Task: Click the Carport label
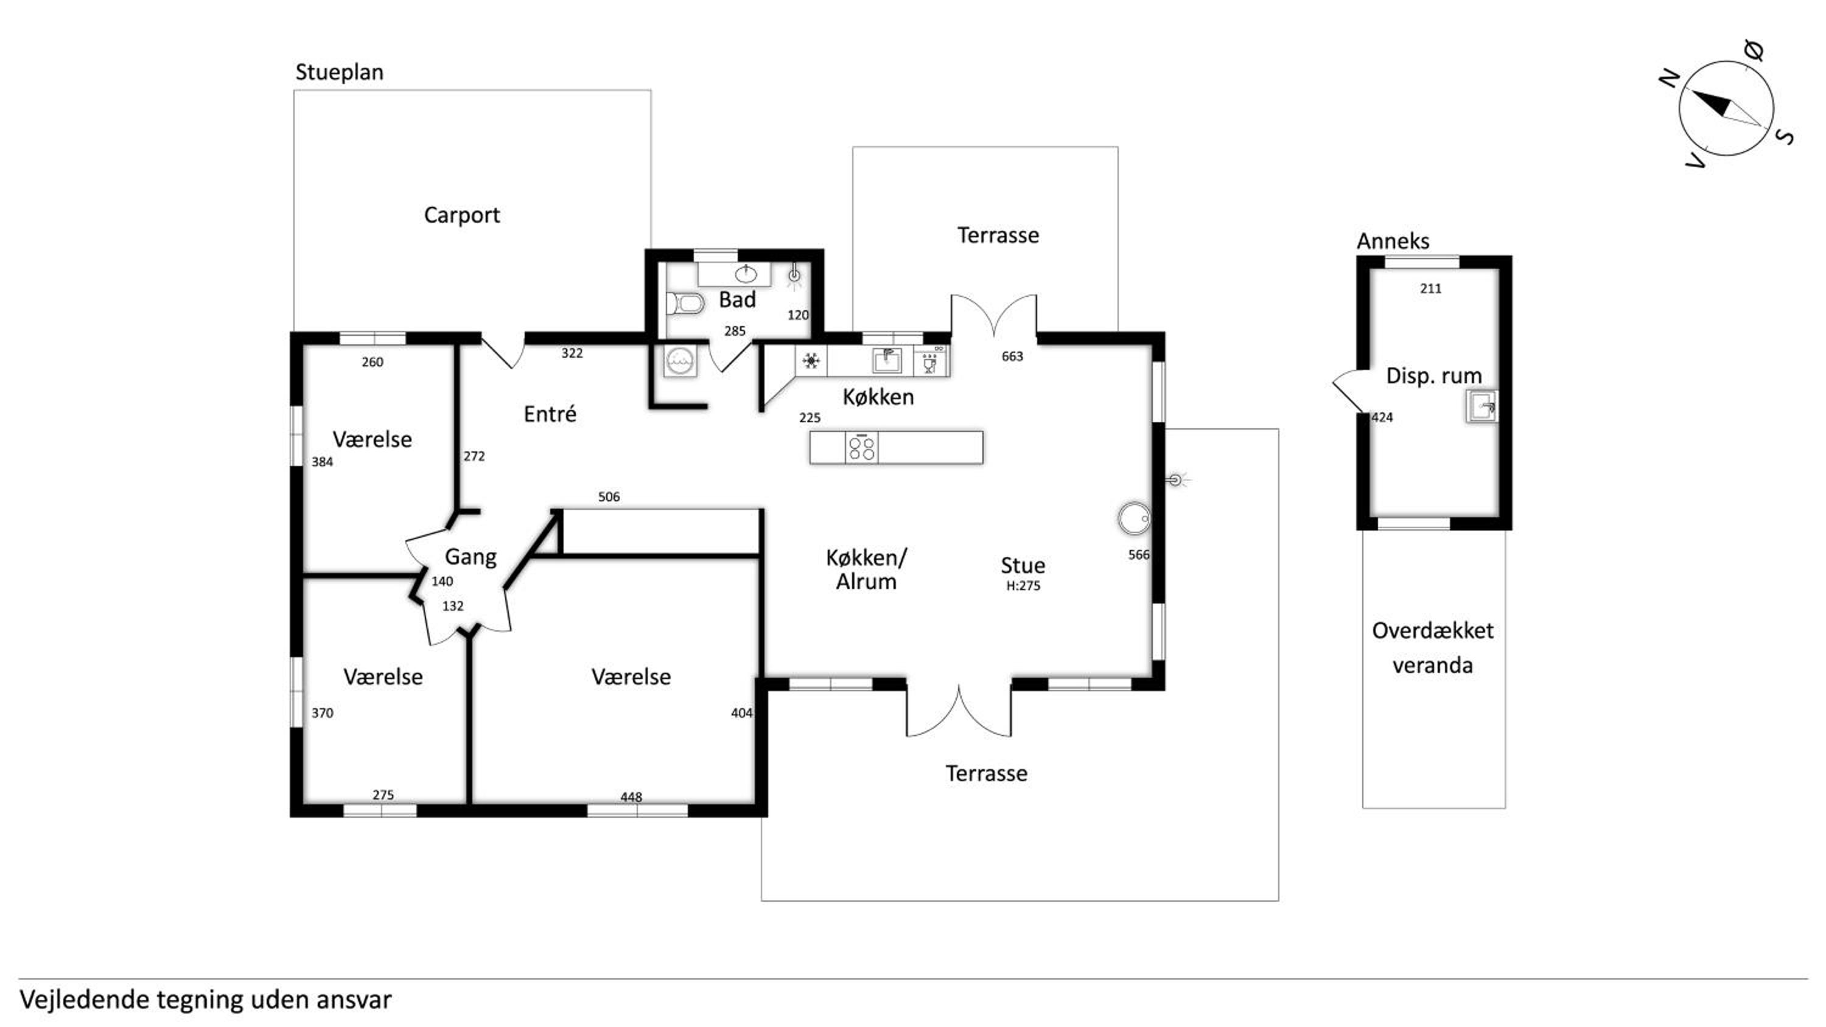[x=461, y=215]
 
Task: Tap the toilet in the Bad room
[x=685, y=304]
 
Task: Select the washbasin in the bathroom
[x=746, y=274]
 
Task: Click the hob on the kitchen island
[x=861, y=448]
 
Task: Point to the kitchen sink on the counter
[x=886, y=361]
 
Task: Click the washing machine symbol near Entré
[x=680, y=361]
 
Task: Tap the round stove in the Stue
[x=1133, y=518]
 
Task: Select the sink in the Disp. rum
[x=1481, y=406]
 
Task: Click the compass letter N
[x=1670, y=78]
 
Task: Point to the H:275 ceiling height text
[x=1023, y=586]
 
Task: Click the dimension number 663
[x=1012, y=357]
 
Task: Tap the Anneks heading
[x=1393, y=242]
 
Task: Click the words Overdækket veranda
[x=1433, y=648]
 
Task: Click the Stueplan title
[x=340, y=72]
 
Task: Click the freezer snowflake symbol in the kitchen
[x=811, y=361]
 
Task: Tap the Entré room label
[x=550, y=414]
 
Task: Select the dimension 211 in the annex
[x=1430, y=288]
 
